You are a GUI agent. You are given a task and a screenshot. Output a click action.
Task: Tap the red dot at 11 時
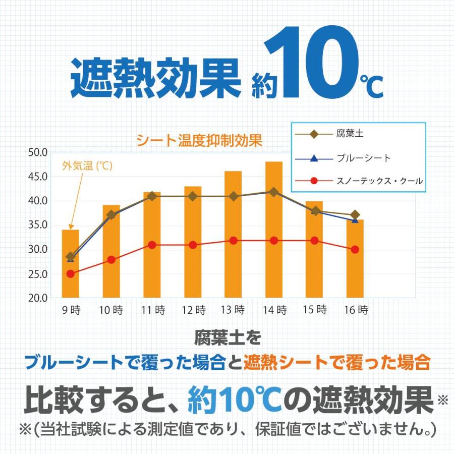click(152, 245)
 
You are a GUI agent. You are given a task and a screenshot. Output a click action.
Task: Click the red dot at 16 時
click(355, 249)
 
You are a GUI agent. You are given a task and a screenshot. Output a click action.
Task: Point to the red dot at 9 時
click(70, 274)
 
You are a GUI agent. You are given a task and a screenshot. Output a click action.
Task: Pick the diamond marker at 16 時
click(355, 215)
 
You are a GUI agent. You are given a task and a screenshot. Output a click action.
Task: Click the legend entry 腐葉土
click(349, 134)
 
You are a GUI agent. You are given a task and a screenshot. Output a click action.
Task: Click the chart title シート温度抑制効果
click(199, 141)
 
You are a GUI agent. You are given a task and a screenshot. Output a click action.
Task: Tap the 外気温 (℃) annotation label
click(87, 165)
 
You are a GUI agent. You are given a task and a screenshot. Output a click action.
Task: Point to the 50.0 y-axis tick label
click(38, 152)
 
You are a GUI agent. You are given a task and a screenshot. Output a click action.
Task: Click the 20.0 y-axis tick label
click(38, 298)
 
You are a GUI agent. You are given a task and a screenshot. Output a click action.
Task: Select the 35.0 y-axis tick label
click(38, 225)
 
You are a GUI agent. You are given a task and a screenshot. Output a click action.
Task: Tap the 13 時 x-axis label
click(234, 311)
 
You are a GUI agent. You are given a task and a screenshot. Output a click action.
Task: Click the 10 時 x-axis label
click(111, 311)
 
